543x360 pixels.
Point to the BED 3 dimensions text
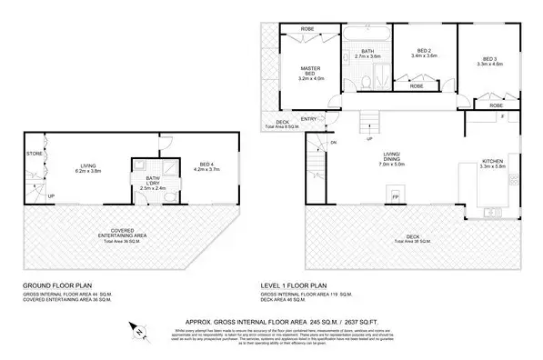[x=488, y=64]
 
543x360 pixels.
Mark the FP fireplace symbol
[x=395, y=195]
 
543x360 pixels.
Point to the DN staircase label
[x=333, y=143]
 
